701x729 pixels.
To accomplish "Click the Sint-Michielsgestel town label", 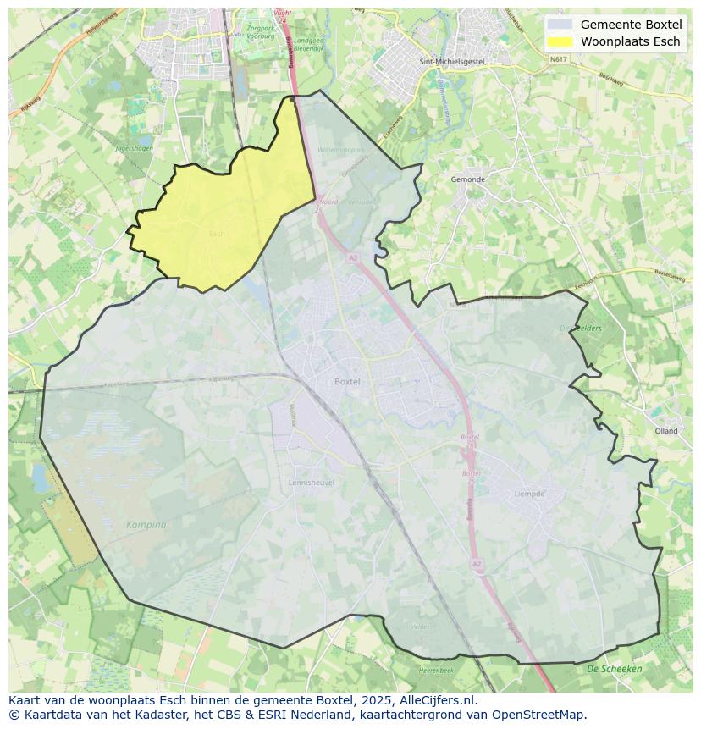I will click(x=445, y=62).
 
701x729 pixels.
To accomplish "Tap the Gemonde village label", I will click(x=468, y=179).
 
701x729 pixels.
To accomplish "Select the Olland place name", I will click(x=666, y=431).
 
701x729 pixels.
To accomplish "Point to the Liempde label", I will click(x=530, y=494).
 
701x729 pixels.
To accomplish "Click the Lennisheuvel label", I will click(x=312, y=483).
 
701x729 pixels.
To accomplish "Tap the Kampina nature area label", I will click(x=146, y=525).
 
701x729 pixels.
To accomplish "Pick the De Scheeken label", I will click(x=614, y=669).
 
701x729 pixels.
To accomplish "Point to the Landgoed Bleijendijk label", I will click(x=309, y=45).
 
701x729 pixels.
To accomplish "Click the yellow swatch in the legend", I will click(x=560, y=41).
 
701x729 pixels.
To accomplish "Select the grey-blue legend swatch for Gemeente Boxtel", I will click(x=560, y=25).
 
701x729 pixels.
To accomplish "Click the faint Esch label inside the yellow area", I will click(x=218, y=234).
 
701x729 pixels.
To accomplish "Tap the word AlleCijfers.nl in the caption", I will click(x=441, y=700).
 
